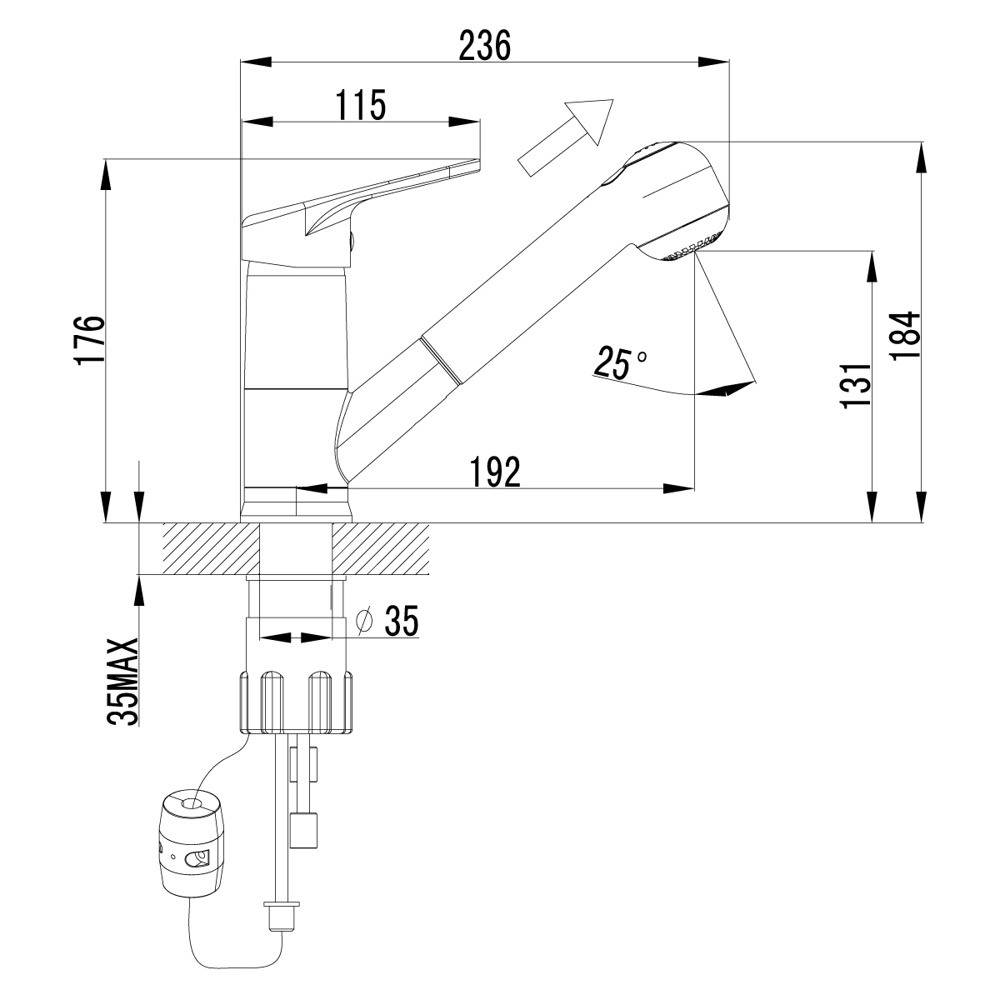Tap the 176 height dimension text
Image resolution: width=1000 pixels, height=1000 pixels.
[x=89, y=339]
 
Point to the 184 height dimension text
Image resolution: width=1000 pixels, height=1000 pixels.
[x=904, y=335]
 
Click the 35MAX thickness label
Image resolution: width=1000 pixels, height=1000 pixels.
[x=124, y=683]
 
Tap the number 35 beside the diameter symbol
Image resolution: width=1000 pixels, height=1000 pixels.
[x=400, y=621]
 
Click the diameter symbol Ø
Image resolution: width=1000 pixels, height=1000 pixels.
[x=364, y=621]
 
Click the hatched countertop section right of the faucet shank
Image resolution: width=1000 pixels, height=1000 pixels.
[x=382, y=548]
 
